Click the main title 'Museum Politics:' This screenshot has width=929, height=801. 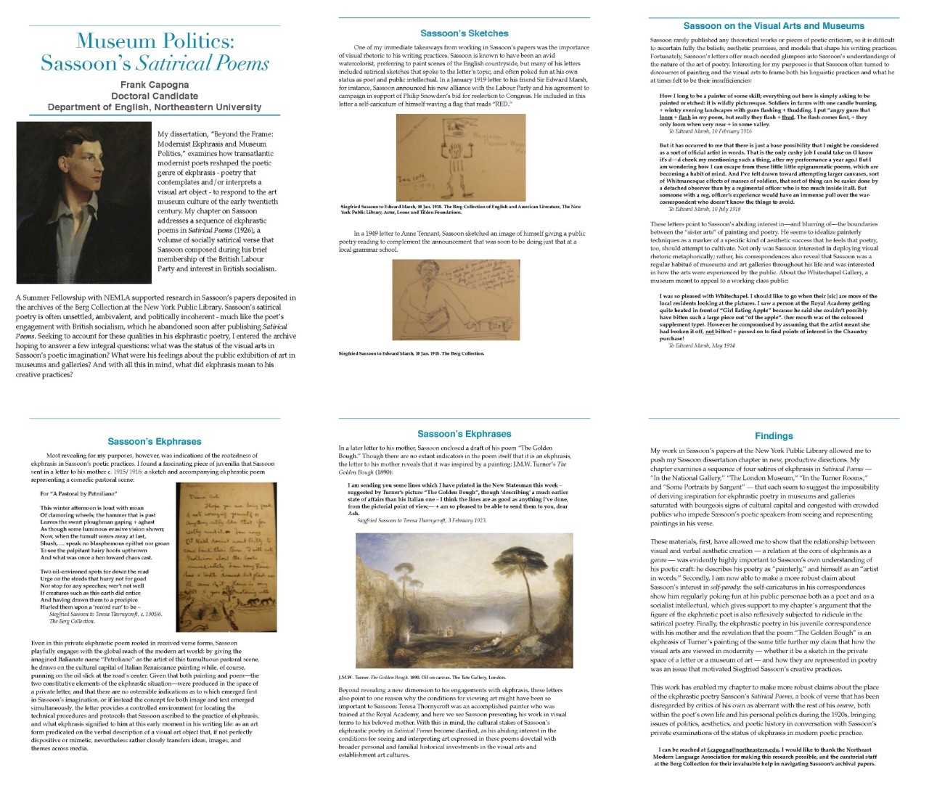[155, 41]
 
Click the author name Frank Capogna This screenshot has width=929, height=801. [155, 84]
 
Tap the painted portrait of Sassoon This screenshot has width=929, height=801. [83, 202]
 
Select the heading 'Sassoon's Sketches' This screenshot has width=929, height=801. [464, 33]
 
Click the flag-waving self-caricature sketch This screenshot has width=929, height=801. [460, 157]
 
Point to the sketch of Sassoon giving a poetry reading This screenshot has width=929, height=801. [456, 300]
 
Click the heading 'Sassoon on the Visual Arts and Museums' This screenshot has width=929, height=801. [774, 25]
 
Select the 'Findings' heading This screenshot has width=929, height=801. [774, 435]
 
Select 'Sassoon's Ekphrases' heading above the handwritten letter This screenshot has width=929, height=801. [155, 441]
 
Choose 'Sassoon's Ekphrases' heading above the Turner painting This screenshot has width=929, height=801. [464, 434]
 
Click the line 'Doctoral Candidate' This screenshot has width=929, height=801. [155, 96]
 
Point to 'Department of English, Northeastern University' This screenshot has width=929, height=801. [155, 107]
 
